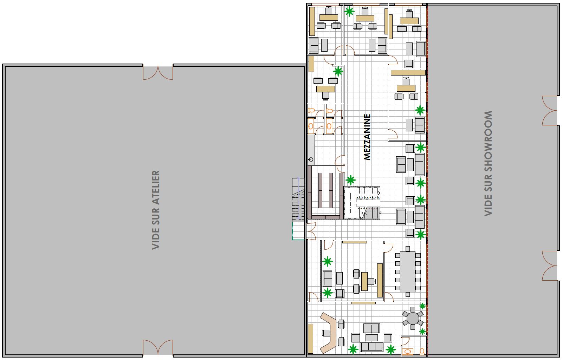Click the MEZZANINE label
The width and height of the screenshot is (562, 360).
pos(367,137)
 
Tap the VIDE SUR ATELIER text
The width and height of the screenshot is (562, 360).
pos(156,210)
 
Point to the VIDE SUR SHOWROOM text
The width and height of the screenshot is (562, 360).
pos(488,163)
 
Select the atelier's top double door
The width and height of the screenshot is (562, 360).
pos(158,72)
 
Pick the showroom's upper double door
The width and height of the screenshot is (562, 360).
pos(549,110)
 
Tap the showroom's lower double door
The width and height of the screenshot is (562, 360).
pos(549,266)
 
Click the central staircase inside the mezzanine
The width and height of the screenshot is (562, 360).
pos(362,203)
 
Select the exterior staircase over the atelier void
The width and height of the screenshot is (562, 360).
pos(298,199)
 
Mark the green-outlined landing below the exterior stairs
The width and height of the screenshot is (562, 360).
pos(298,231)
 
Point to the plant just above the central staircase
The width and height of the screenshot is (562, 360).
pos(350,181)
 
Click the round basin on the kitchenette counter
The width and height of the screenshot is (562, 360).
pos(310,160)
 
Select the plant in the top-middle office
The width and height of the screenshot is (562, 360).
pos(349,12)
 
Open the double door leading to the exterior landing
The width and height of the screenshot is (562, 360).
pos(311,231)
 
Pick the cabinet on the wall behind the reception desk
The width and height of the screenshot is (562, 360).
pos(310,338)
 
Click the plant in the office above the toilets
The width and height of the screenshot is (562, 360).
pos(338,72)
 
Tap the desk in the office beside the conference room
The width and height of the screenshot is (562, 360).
pos(365,281)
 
